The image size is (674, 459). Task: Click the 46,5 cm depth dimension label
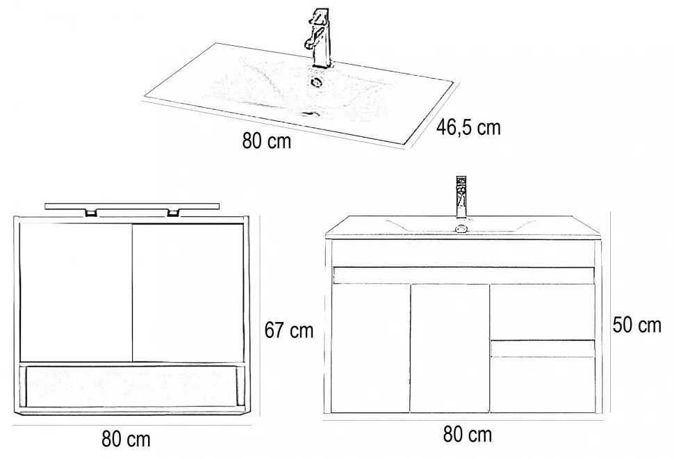pyautogui.click(x=468, y=127)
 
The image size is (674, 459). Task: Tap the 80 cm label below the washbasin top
pyautogui.click(x=267, y=140)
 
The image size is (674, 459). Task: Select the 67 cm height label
pyautogui.click(x=289, y=330)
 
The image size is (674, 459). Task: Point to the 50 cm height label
pyautogui.click(x=636, y=325)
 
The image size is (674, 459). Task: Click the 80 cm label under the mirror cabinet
pyautogui.click(x=126, y=439)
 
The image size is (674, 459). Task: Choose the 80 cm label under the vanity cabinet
pyautogui.click(x=467, y=435)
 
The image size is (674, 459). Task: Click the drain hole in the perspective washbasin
pyautogui.click(x=317, y=82)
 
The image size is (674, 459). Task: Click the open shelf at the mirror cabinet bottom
pyautogui.click(x=131, y=385)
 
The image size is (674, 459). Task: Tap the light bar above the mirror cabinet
pyautogui.click(x=133, y=206)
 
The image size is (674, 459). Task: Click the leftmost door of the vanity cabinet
pyautogui.click(x=370, y=348)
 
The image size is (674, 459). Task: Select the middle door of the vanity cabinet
pyautogui.click(x=450, y=348)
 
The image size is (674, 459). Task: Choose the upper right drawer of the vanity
pyautogui.click(x=543, y=312)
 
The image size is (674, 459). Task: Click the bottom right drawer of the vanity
pyautogui.click(x=543, y=376)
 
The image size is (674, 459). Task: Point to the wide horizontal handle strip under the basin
pyautogui.click(x=464, y=275)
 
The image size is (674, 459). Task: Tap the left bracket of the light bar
pyautogui.click(x=91, y=213)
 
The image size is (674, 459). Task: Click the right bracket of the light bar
pyautogui.click(x=173, y=213)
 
